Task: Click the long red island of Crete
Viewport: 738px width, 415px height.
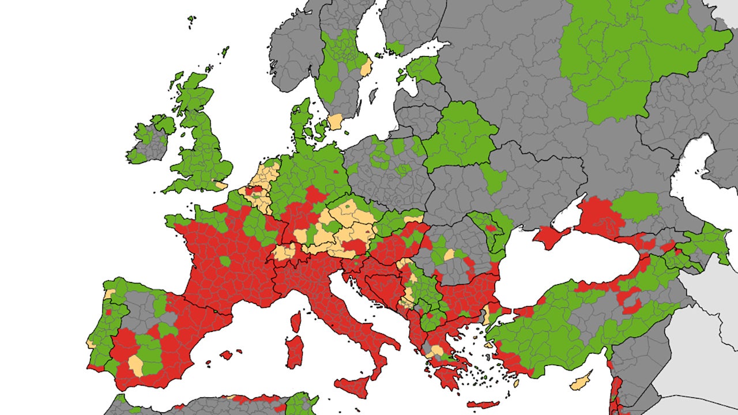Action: tap(483, 405)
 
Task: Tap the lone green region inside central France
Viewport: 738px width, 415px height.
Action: tap(225, 261)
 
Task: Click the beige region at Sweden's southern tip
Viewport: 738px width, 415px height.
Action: tap(335, 122)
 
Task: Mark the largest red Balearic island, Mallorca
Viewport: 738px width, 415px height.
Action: tap(227, 354)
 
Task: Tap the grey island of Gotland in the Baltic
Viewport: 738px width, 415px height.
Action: tap(373, 94)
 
